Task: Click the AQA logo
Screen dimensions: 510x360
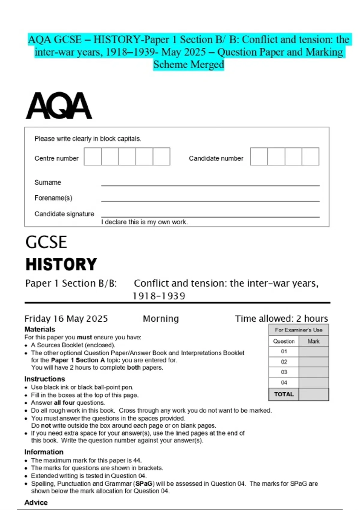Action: [59, 106]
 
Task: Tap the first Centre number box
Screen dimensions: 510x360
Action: [92, 156]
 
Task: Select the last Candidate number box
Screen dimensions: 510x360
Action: [310, 156]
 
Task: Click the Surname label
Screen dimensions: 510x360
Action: [48, 182]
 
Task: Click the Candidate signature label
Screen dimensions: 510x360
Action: [64, 214]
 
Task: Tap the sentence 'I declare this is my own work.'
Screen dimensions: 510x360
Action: [144, 222]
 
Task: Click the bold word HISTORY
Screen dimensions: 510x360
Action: [61, 264]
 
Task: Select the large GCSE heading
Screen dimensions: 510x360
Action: [46, 242]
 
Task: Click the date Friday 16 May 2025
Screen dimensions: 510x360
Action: [66, 319]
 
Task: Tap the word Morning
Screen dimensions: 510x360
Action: [161, 319]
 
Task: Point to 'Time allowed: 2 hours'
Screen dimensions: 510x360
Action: [281, 319]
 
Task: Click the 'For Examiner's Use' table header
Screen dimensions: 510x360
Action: [298, 330]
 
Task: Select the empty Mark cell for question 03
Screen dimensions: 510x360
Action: [313, 372]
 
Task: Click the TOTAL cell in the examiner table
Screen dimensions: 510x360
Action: [284, 394]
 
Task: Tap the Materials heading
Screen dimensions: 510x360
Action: [40, 329]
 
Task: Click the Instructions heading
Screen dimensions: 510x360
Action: [44, 379]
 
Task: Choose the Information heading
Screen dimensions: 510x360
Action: [44, 452]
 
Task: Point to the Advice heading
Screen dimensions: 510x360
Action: [36, 502]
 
